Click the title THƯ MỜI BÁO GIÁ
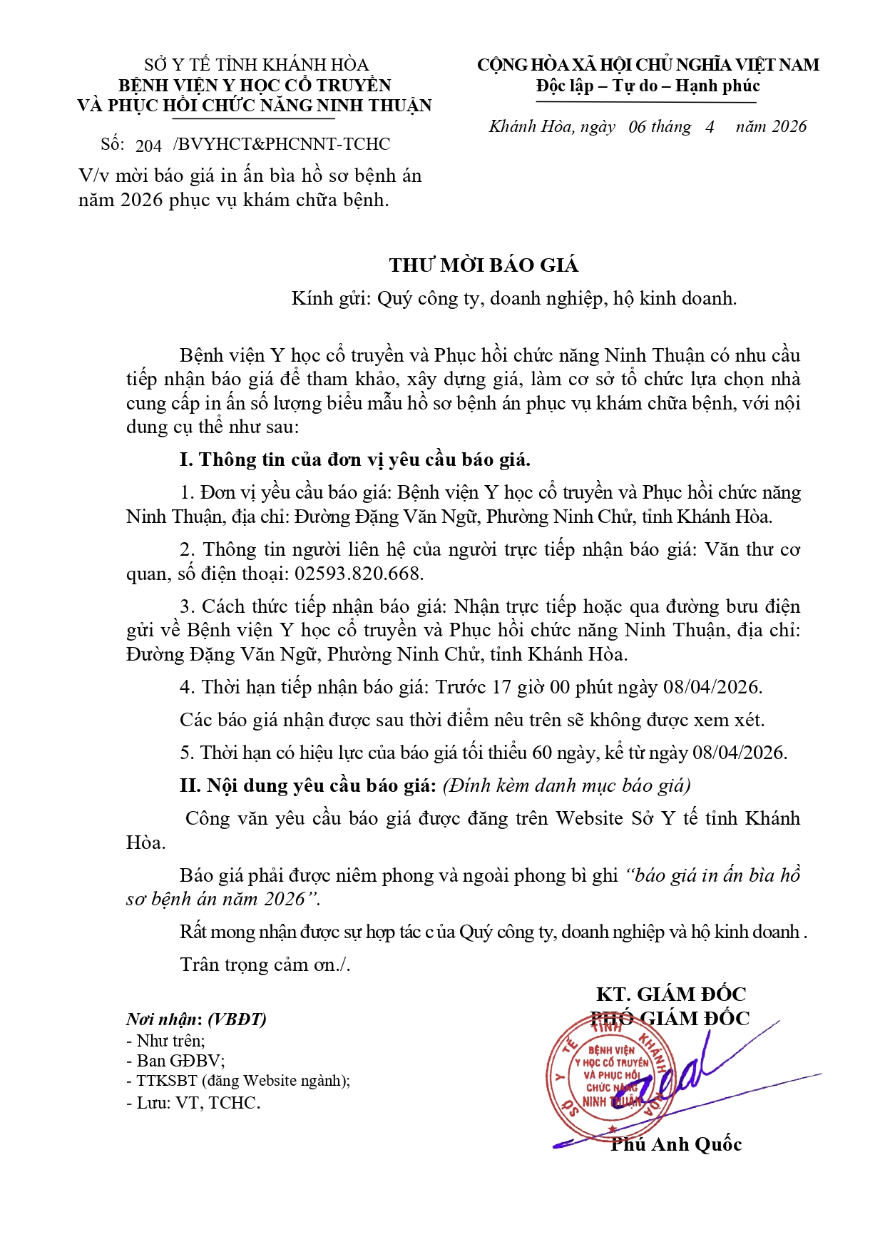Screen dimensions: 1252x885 pos(484,265)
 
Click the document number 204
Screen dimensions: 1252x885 pos(148,146)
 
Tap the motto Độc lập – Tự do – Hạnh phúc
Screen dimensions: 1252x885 pos(648,86)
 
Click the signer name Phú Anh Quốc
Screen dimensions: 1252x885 pos(676,1144)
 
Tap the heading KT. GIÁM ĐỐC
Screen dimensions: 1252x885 pos(671,994)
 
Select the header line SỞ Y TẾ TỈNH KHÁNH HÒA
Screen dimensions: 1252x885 pos(256,65)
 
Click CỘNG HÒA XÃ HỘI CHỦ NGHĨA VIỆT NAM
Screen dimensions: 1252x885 pos(648,65)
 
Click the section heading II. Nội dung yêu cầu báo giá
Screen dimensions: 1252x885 pos(307,785)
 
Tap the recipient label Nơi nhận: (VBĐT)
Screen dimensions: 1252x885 pos(196,1019)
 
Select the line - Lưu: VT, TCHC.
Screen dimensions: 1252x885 pos(193,1103)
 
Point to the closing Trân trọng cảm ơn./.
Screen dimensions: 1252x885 pos(265,965)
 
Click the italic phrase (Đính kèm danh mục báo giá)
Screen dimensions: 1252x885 pos(566,785)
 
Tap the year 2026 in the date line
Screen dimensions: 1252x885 pos(789,127)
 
